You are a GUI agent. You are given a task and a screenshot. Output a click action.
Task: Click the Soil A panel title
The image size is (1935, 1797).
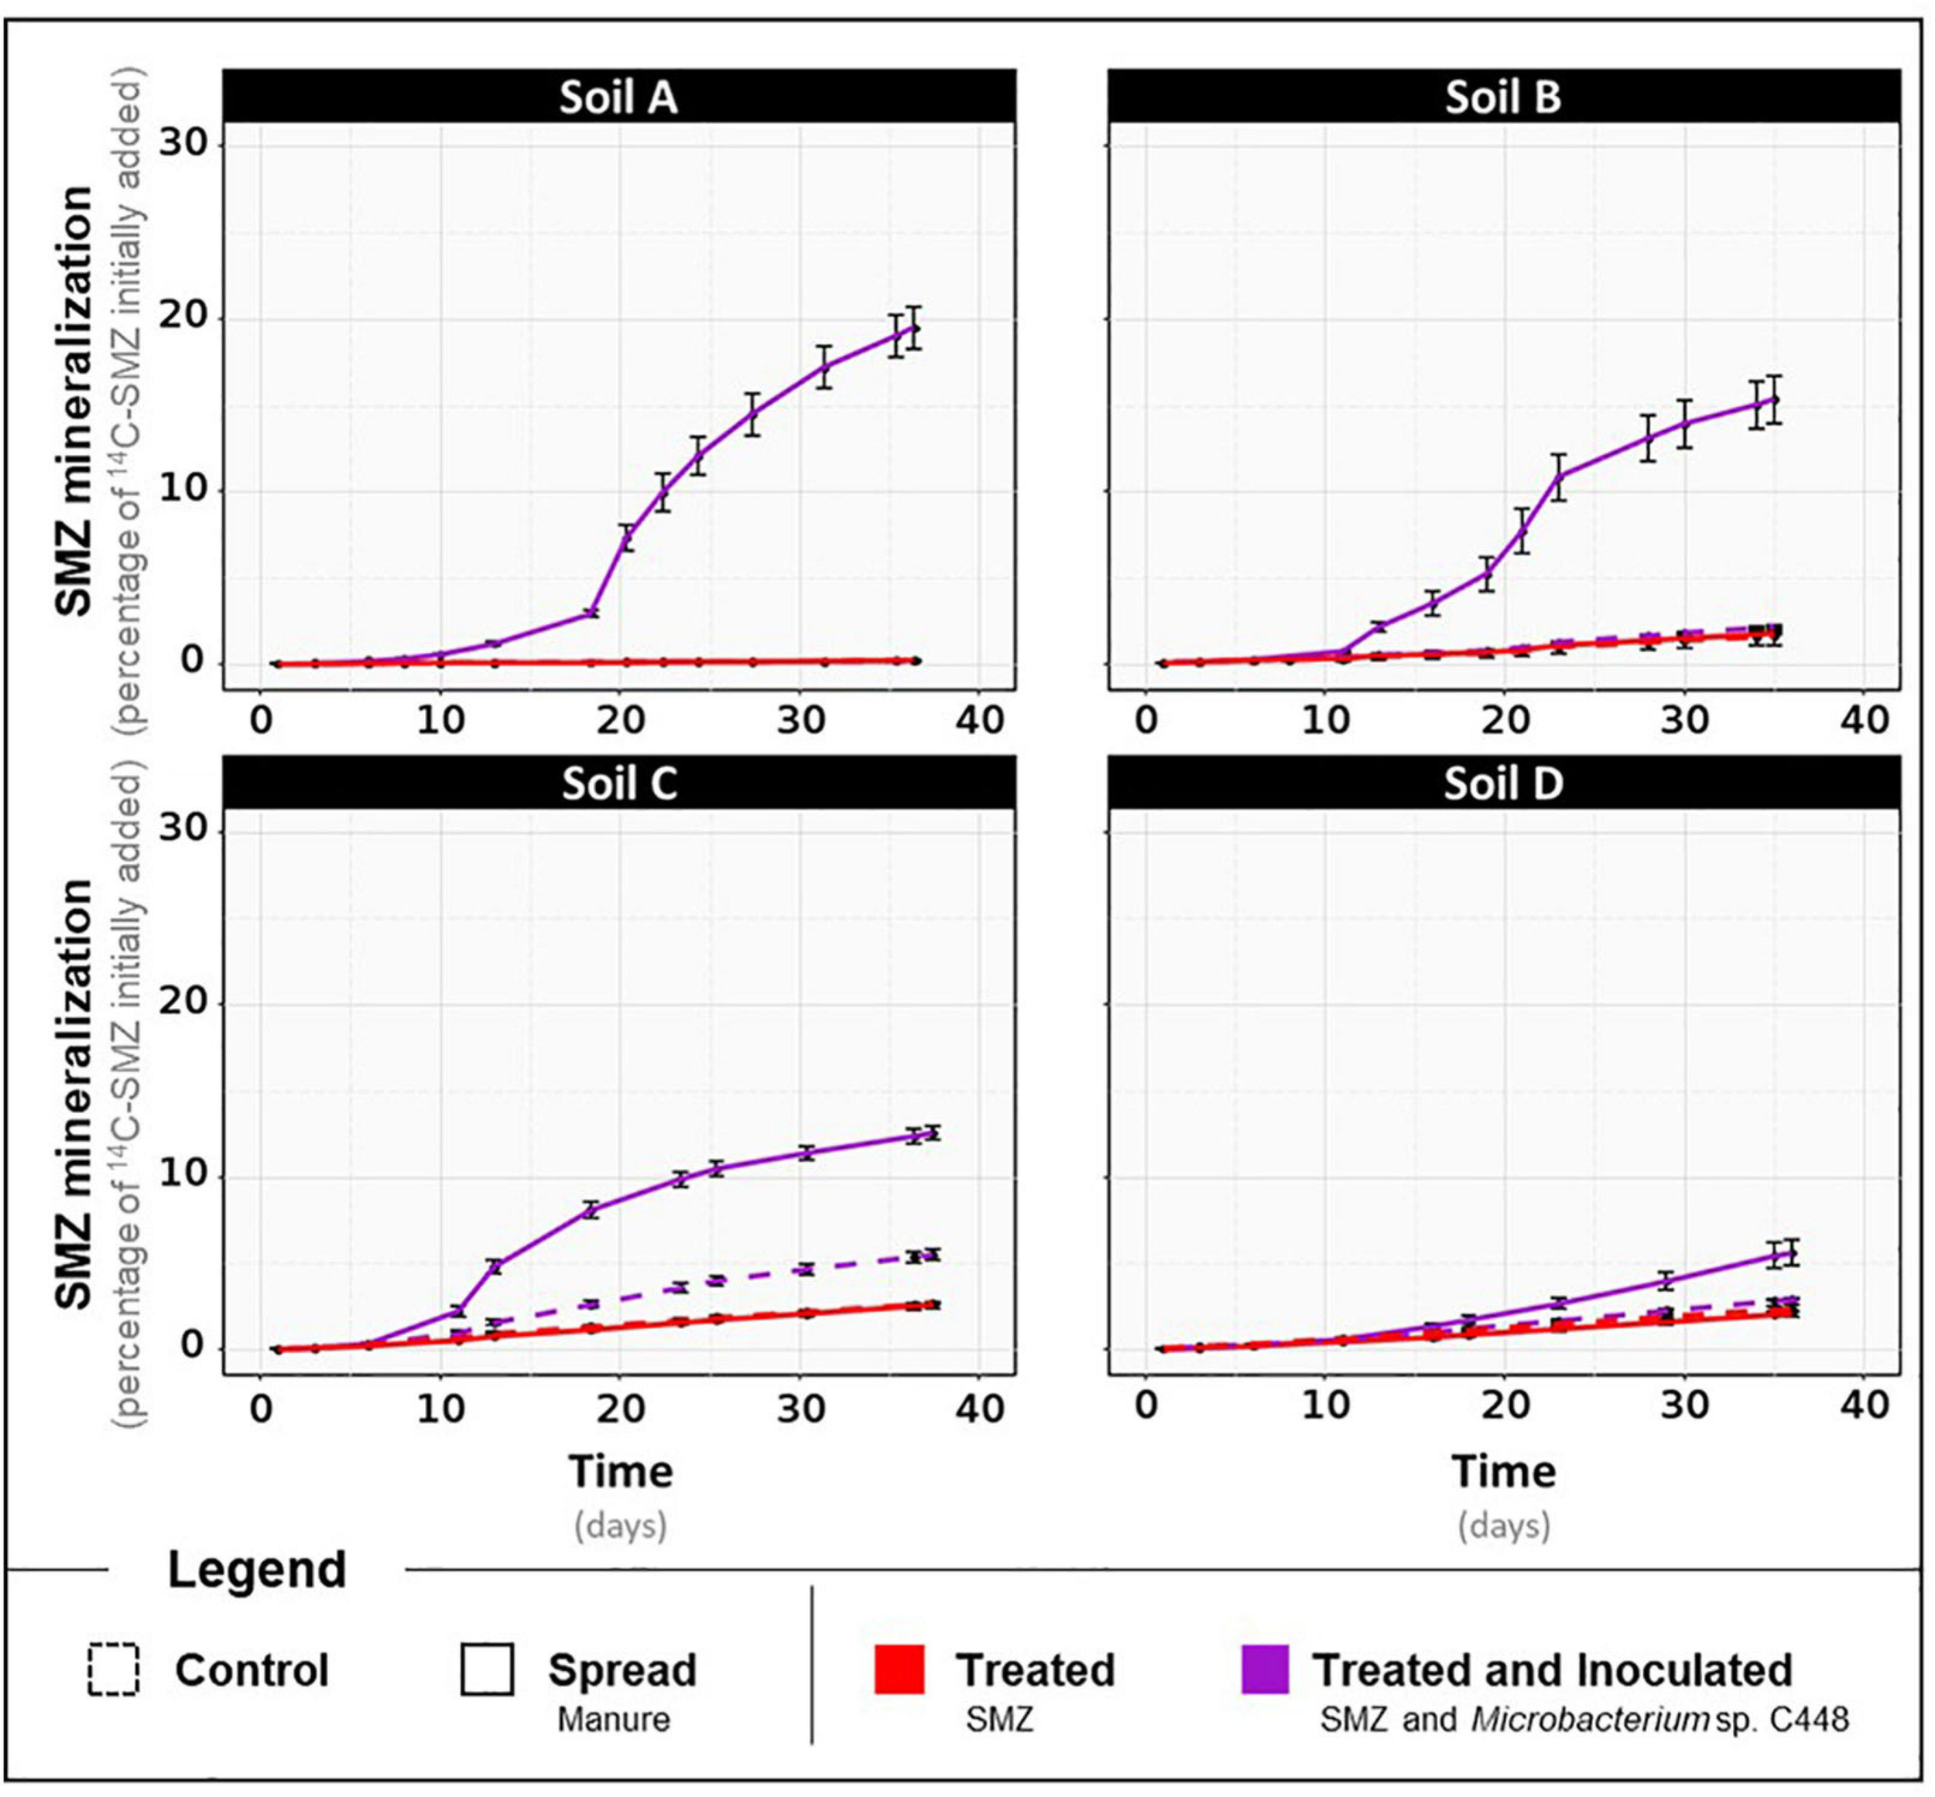(618, 97)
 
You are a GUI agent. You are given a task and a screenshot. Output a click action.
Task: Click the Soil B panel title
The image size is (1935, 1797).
(1502, 97)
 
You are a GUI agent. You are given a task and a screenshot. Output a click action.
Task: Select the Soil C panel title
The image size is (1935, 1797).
(618, 784)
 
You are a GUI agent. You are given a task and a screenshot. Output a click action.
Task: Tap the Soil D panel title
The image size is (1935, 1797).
(1502, 784)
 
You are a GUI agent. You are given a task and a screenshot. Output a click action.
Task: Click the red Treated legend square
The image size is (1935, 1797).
(899, 1669)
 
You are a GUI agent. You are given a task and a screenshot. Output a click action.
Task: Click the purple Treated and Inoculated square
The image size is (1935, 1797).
(1265, 1669)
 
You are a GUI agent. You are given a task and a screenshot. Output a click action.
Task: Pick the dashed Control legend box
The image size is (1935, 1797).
(113, 1669)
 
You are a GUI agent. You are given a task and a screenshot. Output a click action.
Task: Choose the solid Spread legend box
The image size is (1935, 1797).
(488, 1669)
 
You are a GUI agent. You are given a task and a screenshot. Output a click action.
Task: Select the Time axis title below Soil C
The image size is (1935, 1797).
(621, 1471)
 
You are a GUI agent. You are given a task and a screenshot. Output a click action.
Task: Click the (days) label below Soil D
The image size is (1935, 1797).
(1503, 1525)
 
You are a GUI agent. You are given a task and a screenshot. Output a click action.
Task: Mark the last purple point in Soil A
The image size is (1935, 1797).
(913, 328)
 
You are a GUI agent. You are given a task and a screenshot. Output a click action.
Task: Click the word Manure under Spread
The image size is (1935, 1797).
(613, 1719)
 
